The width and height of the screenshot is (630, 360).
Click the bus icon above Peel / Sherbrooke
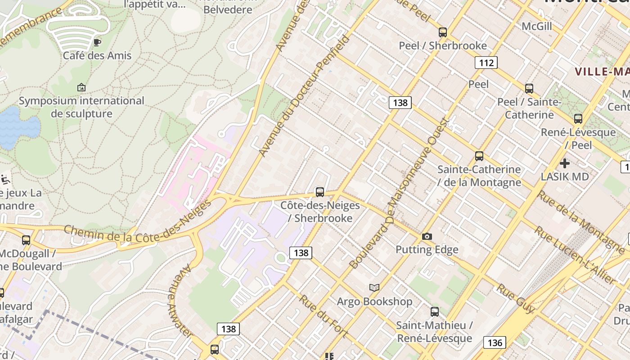pos(443,32)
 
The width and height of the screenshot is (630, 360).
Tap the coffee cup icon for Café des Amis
pos(97,42)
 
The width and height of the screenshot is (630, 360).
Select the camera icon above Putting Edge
pos(427,236)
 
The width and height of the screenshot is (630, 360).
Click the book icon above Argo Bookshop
pos(374,288)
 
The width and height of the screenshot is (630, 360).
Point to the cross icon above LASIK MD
pos(565,163)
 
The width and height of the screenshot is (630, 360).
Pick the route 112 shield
pos(486,63)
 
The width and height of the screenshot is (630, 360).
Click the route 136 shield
pos(495,343)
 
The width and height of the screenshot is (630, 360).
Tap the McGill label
pos(537,26)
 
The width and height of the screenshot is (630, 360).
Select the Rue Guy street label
pos(515,298)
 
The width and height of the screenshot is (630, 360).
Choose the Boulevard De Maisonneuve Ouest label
pos(400,193)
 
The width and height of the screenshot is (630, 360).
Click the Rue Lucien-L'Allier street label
pos(574,255)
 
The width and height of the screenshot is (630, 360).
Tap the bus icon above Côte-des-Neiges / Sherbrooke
pos(320,192)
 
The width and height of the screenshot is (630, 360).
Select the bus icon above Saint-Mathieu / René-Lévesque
pos(435,311)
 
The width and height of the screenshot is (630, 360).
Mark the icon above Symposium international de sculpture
pos(81,87)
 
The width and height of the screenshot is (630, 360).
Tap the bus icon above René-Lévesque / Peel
pos(578,119)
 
